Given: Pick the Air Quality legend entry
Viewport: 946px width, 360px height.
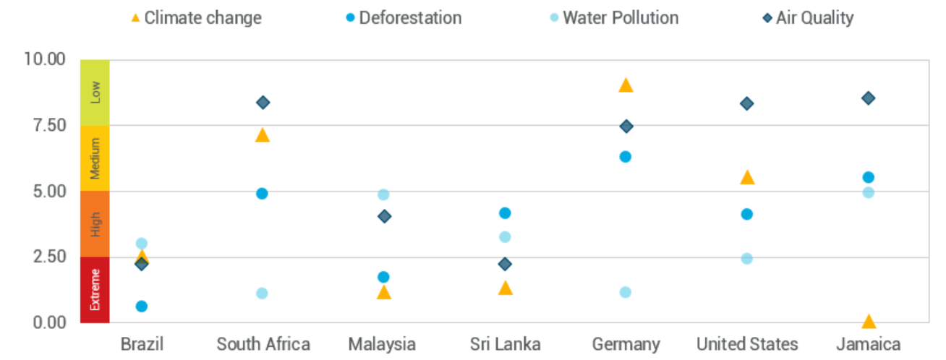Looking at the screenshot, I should point(807,17).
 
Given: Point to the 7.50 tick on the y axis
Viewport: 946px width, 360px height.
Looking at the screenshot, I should point(46,126).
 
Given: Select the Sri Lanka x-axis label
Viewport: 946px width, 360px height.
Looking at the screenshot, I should point(505,344).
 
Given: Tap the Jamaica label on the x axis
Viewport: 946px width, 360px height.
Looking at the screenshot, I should point(868,344).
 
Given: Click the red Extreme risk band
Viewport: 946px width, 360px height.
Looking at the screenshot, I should point(95,289).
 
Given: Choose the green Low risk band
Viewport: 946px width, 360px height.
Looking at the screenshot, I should point(95,92).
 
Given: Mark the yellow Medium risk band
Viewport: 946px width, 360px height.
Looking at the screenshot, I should point(95,158).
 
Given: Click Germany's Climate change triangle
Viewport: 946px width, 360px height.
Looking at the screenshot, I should point(626,85).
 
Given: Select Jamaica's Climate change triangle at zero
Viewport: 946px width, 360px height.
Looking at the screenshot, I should point(869,321).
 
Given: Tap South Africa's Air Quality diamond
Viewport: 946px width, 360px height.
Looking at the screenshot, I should point(263,103).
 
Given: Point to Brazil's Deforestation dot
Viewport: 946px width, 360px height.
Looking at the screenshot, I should point(142,307).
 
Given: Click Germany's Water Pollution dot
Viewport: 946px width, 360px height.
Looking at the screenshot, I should point(626,292).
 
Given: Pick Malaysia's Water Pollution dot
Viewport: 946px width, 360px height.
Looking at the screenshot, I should point(383,194).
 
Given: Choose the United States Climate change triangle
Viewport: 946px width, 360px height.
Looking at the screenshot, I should point(747,178).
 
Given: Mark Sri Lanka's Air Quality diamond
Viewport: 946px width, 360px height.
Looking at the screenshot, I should point(505,264).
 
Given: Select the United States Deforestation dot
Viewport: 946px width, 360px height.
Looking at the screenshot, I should point(747,214).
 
